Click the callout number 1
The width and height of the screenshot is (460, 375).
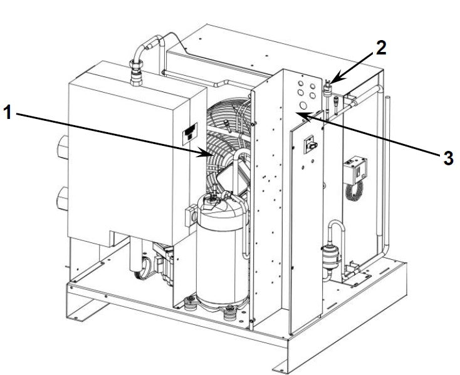point(7,113)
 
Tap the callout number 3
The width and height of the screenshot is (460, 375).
point(448,158)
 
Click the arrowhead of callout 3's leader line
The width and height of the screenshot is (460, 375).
point(300,114)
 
